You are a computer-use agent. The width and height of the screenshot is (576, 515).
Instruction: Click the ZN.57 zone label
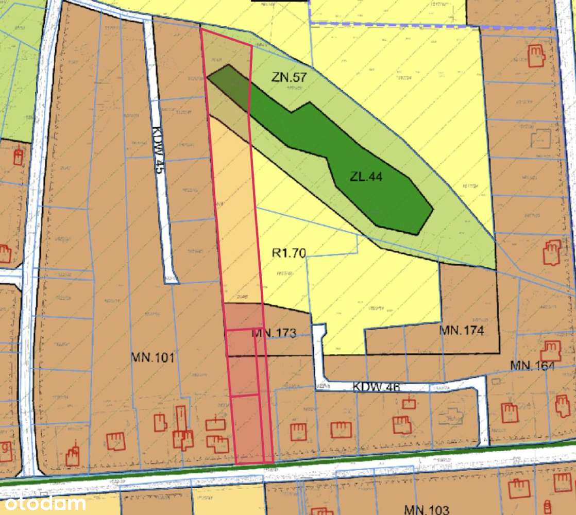coord(289,78)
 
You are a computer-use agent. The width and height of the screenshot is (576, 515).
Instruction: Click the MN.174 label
coord(462,330)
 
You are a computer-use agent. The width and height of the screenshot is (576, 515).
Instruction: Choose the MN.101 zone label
coord(153,357)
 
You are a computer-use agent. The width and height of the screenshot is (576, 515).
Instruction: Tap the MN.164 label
coord(532,366)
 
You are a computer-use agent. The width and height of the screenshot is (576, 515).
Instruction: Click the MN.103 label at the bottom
coord(427,510)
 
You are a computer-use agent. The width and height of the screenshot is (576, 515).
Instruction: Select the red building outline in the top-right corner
coord(536,55)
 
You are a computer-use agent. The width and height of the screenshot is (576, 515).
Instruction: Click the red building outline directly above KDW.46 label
coord(409,403)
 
